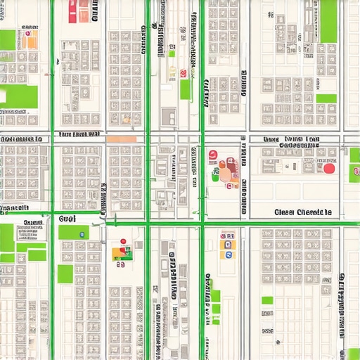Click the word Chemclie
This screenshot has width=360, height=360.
pos(314,212)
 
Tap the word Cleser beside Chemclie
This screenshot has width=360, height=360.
pos(285,212)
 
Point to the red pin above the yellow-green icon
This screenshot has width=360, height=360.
pos(123,243)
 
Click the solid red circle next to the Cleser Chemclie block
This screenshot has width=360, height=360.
pos(328,168)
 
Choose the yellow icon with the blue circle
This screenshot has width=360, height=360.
pos(226,254)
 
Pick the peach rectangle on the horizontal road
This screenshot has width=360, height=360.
pos(122,139)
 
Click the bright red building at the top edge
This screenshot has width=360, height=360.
pos(74,8)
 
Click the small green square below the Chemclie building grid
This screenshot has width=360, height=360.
pos(267,300)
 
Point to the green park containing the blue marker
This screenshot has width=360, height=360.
pos(73,232)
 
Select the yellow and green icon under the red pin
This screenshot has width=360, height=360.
pos(121,253)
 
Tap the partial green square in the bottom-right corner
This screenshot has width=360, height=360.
pos(352,354)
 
